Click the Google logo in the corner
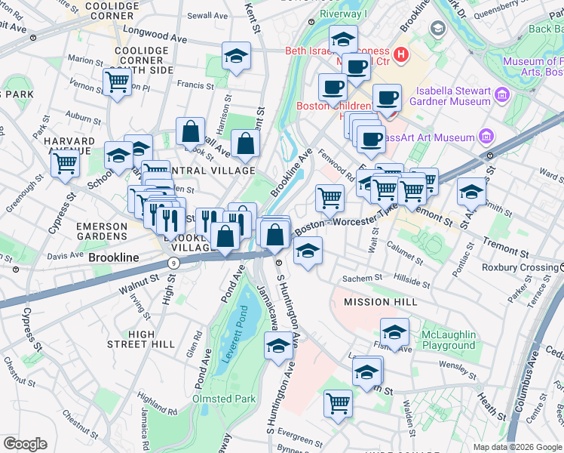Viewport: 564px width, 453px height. [x=25, y=444]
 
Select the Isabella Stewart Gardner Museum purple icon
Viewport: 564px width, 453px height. [x=501, y=97]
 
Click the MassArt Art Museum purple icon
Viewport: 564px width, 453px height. [x=486, y=137]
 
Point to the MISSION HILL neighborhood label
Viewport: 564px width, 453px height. [x=381, y=302]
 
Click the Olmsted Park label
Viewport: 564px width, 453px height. [x=225, y=399]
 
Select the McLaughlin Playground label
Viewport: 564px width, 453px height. [x=448, y=340]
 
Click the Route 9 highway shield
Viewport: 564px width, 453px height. [x=173, y=262]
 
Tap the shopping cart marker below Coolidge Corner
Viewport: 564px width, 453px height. [x=117, y=81]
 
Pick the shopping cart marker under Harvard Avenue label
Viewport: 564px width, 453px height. [x=66, y=162]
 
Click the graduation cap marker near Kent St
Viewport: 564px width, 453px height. [x=236, y=56]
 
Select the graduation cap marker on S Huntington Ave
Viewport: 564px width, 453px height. [x=278, y=347]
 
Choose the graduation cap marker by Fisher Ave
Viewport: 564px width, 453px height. [x=394, y=331]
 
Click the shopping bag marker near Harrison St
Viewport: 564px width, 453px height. [x=191, y=131]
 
